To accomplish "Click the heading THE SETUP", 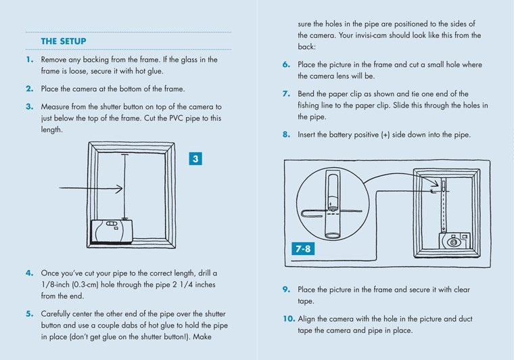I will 59,41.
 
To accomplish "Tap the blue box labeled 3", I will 195,159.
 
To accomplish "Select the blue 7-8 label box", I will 303,248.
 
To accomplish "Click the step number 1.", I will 30,60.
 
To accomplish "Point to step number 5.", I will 30,314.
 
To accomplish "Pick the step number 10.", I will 287,319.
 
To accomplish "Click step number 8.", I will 287,135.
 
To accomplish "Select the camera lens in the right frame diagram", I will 452,241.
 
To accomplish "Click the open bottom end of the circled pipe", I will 332,235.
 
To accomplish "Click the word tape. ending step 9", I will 306,301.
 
